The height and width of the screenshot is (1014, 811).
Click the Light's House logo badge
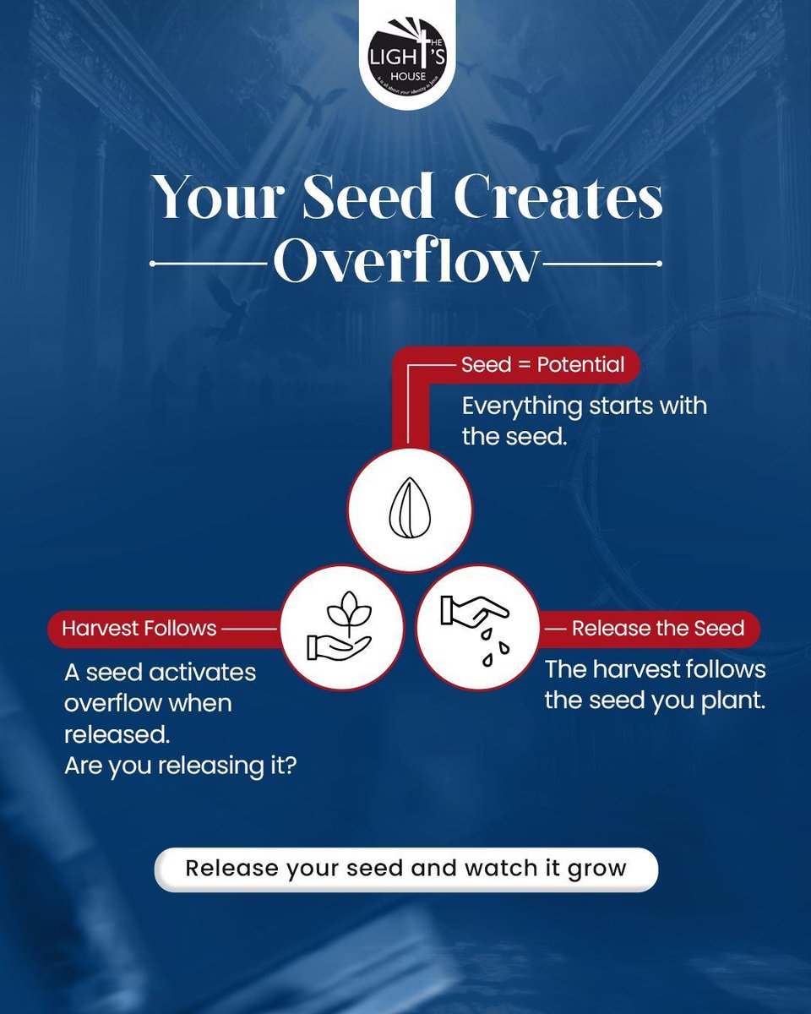point(405,53)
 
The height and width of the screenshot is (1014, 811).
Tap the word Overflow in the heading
point(405,263)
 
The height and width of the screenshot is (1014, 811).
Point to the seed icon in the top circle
point(410,508)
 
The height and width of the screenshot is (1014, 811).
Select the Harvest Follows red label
point(139,629)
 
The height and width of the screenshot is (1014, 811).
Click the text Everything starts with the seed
point(584,420)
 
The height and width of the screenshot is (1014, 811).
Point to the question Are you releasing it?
point(180,766)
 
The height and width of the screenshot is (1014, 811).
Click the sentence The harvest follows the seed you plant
point(655,684)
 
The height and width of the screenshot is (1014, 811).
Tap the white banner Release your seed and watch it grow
point(405,869)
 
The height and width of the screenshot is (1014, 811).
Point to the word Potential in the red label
point(580,365)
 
